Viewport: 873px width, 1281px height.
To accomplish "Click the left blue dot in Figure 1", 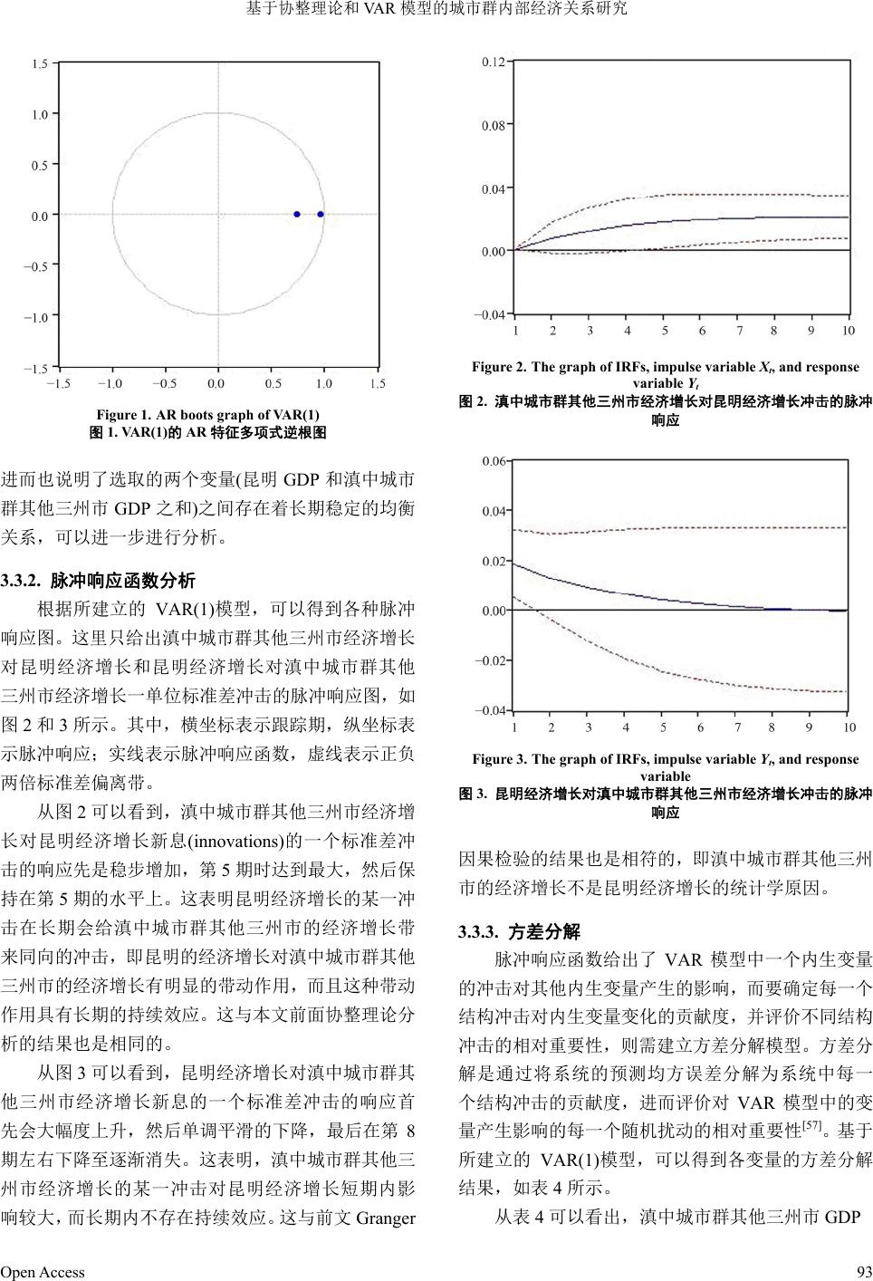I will tap(297, 215).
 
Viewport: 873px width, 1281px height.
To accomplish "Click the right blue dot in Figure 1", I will tap(321, 215).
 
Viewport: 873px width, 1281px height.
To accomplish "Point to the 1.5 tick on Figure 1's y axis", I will tap(40, 64).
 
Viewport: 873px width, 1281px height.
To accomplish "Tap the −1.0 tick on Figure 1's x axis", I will tap(110, 383).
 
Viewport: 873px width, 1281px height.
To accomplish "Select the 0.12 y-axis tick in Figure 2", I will tap(494, 63).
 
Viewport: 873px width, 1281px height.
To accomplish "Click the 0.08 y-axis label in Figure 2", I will tap(494, 126).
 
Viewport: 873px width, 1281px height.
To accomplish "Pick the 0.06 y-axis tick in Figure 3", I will tap(494, 461).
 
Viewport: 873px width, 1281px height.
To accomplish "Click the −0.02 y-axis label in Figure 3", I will tap(491, 660).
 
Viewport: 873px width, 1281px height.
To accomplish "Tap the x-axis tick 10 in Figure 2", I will tap(848, 331).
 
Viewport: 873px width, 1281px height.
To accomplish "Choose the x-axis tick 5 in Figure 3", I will tap(663, 727).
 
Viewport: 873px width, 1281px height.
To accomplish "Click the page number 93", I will tap(863, 1272).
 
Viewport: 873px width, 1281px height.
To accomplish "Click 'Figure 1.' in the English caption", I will tap(121, 415).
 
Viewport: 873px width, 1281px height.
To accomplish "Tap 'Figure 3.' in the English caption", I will tap(498, 759).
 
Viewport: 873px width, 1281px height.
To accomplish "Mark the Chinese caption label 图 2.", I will tap(473, 400).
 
